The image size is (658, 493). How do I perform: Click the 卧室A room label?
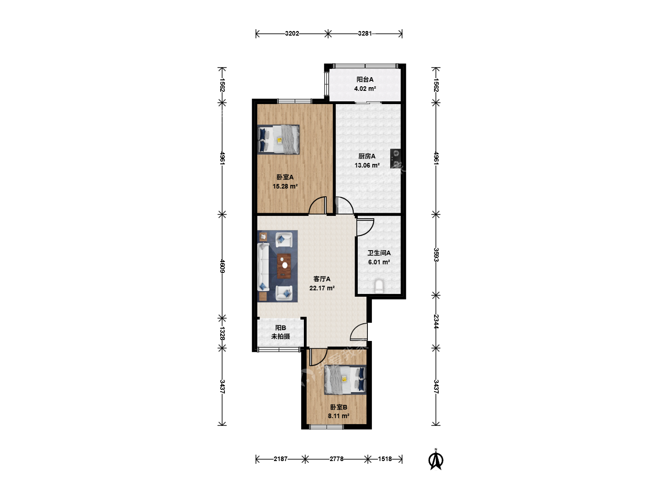point(285,177)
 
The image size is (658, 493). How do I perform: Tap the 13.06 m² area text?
point(367,165)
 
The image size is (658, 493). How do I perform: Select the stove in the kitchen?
point(396,159)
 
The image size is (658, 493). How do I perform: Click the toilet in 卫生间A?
point(379,286)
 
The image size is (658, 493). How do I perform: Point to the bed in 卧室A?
point(278,140)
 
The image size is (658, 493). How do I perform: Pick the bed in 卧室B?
point(345,379)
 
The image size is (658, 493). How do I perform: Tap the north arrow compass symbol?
point(436,460)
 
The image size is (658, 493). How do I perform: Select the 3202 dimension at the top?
point(292,33)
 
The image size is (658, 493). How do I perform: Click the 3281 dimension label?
point(365,33)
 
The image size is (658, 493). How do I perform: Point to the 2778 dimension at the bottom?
point(336,459)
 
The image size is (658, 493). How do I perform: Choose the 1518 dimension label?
point(385,459)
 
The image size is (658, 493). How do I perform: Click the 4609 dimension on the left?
point(222,266)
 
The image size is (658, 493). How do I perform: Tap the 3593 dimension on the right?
point(436,255)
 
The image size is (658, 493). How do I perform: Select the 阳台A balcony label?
point(365,79)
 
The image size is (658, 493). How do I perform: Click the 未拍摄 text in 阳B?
point(281,336)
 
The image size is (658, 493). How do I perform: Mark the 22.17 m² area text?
point(322,288)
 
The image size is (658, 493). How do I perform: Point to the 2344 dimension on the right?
point(436,321)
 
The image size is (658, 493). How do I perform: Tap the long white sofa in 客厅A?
point(263,267)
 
